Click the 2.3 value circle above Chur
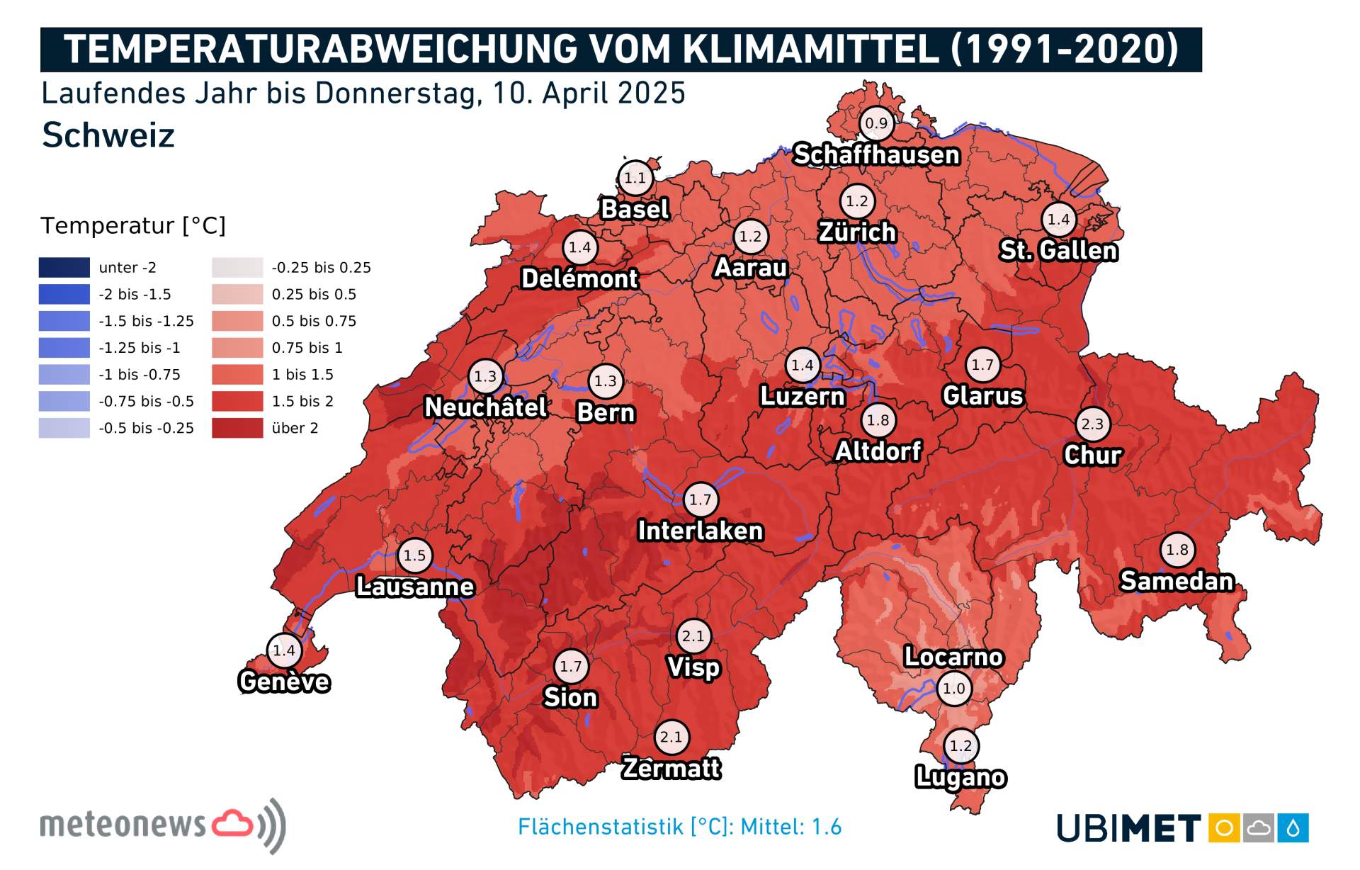click(1092, 424)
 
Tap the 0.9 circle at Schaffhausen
click(876, 123)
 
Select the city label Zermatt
click(671, 768)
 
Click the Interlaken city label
click(700, 531)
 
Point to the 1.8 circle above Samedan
click(1177, 550)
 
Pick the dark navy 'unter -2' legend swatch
click(64, 268)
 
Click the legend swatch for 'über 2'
click(237, 428)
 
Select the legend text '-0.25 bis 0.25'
click(321, 268)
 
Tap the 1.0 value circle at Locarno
click(954, 688)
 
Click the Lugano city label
click(960, 777)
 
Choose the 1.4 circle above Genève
click(284, 650)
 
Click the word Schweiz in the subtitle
click(108, 135)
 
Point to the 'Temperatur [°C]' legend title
click(133, 225)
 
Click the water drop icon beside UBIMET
click(1293, 827)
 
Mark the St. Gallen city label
click(1058, 250)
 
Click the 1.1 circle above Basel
click(635, 178)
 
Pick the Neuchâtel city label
click(485, 407)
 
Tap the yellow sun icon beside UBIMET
click(1224, 827)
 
